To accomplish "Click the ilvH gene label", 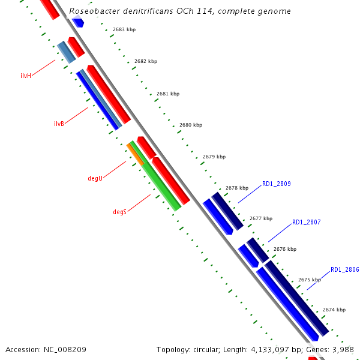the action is [x=25, y=76].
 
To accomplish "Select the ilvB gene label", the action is [x=59, y=124].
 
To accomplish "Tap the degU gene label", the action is [x=95, y=178].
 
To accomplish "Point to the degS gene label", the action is [x=119, y=212].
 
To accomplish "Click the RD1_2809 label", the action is [x=276, y=184].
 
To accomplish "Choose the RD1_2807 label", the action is [x=306, y=222].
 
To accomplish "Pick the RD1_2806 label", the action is [x=344, y=269].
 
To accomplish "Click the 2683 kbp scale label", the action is [x=124, y=29].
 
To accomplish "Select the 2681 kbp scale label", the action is [x=167, y=94].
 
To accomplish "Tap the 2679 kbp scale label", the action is [x=214, y=157].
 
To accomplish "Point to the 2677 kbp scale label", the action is [x=261, y=218].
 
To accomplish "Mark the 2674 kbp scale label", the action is [x=334, y=310].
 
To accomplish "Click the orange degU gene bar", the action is [x=135, y=154].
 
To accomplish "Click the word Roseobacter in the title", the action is [x=94, y=11].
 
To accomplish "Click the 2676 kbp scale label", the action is [x=285, y=248].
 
